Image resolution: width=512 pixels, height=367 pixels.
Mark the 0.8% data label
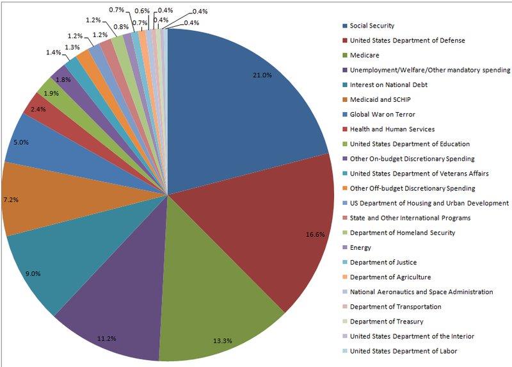120,27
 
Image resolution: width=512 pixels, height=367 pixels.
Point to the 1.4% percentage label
53,52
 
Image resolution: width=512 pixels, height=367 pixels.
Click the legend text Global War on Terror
383,114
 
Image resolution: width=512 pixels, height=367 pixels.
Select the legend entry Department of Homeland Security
403,232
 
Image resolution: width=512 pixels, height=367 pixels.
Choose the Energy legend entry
361,247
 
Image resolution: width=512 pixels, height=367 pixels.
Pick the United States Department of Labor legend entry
404,351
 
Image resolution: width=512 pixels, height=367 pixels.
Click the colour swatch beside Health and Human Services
344,129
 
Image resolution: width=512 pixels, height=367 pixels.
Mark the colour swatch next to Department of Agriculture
344,277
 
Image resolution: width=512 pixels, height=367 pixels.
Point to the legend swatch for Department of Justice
344,263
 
